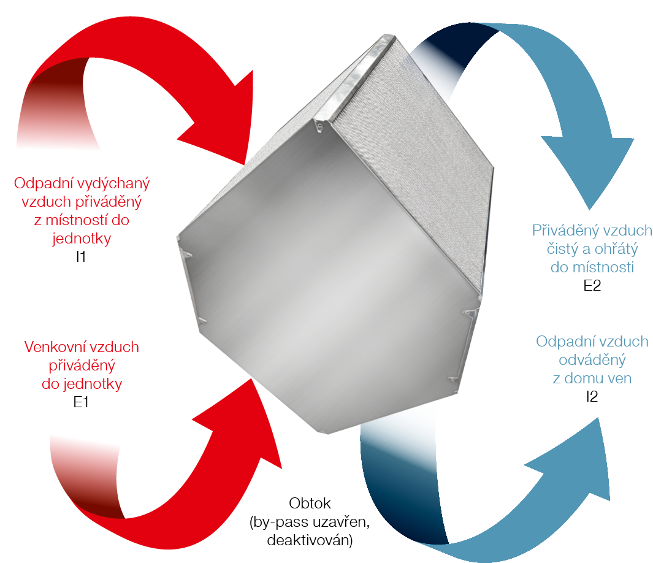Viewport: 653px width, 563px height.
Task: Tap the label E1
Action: pyautogui.click(x=81, y=403)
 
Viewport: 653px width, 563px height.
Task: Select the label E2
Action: pyautogui.click(x=592, y=285)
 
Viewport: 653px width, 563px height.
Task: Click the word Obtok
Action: pyautogui.click(x=310, y=504)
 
